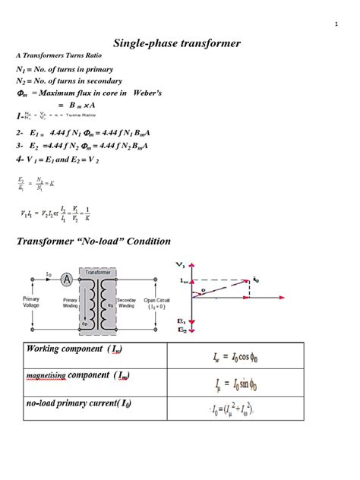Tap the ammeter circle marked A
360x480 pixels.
pos(66,279)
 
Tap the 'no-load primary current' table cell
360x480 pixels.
pos(74,404)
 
